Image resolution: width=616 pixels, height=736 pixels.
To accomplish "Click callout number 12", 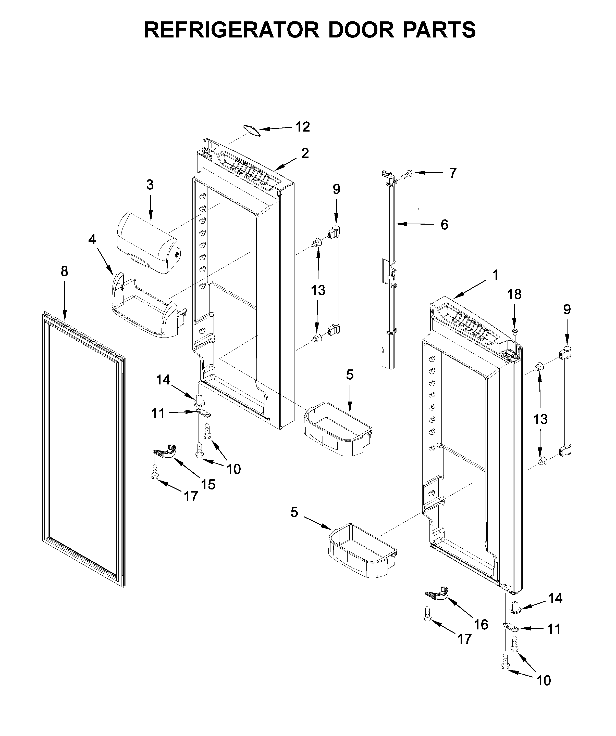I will point(302,127).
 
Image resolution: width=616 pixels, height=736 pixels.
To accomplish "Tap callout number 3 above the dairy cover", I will point(150,185).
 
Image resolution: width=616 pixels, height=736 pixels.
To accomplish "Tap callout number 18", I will point(514,294).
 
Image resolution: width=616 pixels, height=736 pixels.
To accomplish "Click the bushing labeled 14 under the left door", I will point(199,398).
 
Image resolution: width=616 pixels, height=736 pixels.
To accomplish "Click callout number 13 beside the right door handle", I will point(540,419).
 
